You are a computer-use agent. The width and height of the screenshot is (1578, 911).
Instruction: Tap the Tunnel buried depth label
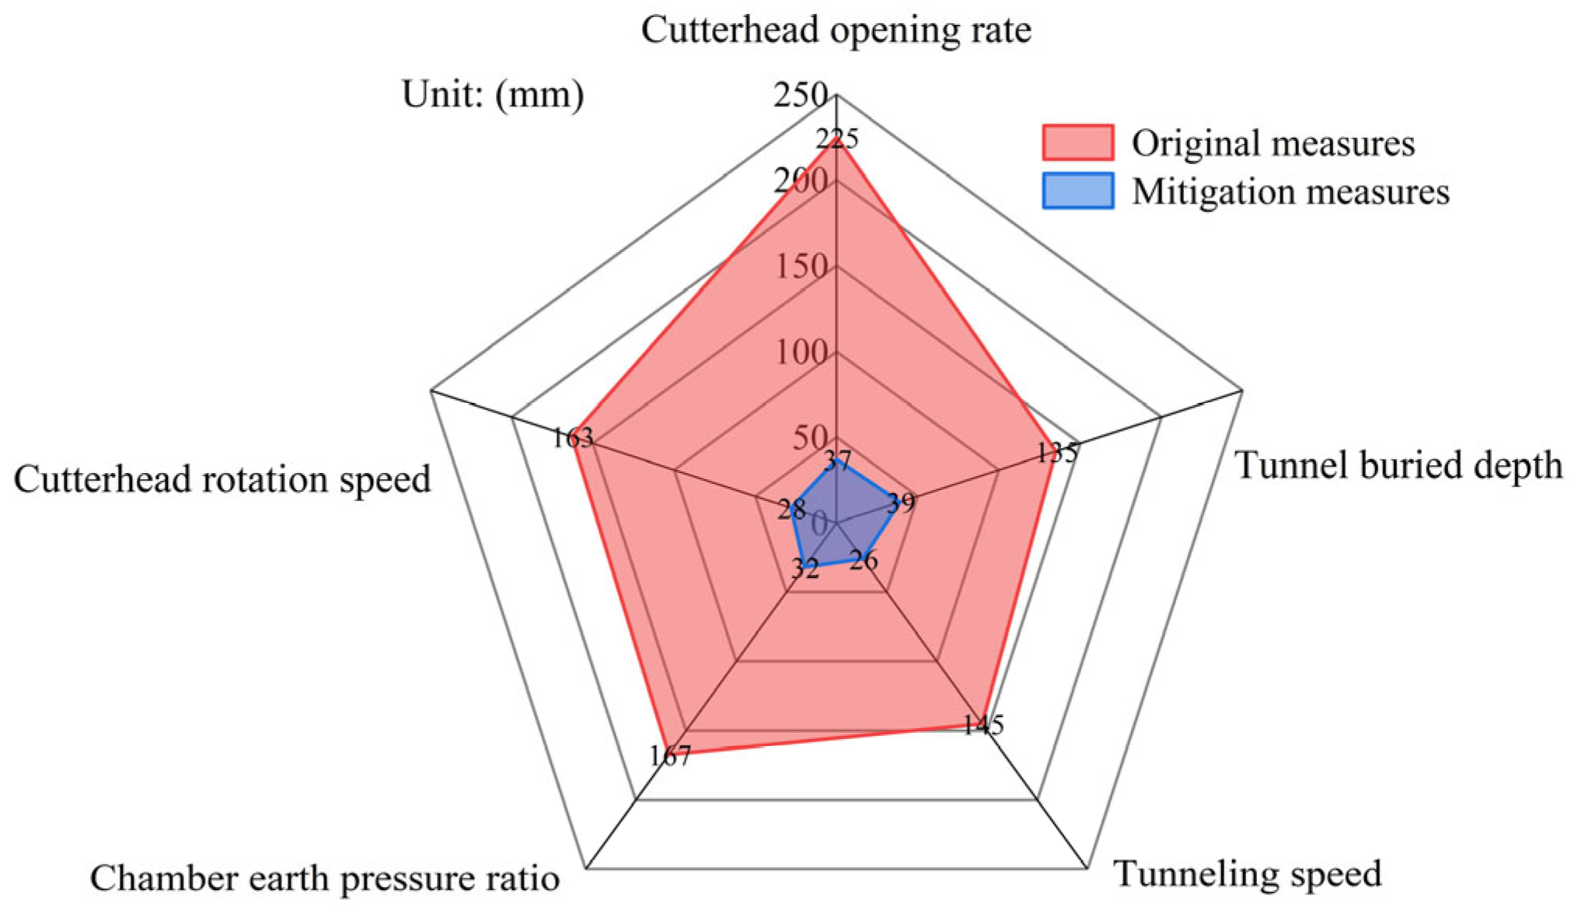pyautogui.click(x=1398, y=466)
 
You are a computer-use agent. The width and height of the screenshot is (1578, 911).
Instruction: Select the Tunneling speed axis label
pyautogui.click(x=1248, y=874)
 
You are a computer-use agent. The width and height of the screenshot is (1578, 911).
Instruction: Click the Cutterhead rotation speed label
pyautogui.click(x=222, y=479)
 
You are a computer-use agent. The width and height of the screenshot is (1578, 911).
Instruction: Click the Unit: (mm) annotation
pyautogui.click(x=493, y=95)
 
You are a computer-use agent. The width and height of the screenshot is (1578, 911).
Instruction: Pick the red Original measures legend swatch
pyautogui.click(x=1077, y=142)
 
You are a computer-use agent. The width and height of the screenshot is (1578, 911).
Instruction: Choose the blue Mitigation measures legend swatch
pyautogui.click(x=1077, y=191)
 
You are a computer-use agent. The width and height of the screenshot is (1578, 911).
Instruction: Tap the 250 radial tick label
pyautogui.click(x=800, y=95)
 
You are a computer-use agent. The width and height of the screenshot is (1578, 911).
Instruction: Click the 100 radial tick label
pyautogui.click(x=801, y=352)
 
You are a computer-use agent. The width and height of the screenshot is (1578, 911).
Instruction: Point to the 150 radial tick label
pyautogui.click(x=801, y=267)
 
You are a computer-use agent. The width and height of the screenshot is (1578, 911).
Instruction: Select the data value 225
pyautogui.click(x=837, y=139)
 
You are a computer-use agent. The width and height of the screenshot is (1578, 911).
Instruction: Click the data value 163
pyautogui.click(x=573, y=439)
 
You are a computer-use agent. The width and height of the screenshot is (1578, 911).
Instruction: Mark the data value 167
pyautogui.click(x=670, y=755)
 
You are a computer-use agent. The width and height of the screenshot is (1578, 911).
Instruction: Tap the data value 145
pyautogui.click(x=983, y=725)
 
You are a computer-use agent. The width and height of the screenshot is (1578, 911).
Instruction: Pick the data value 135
pyautogui.click(x=1057, y=453)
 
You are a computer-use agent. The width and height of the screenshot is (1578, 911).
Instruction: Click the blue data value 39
pyautogui.click(x=901, y=503)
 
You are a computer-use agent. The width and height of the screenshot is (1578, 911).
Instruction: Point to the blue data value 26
pyautogui.click(x=864, y=560)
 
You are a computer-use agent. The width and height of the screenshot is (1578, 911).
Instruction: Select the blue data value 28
pyautogui.click(x=791, y=510)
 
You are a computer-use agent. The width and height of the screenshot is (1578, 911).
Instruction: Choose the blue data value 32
pyautogui.click(x=805, y=569)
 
